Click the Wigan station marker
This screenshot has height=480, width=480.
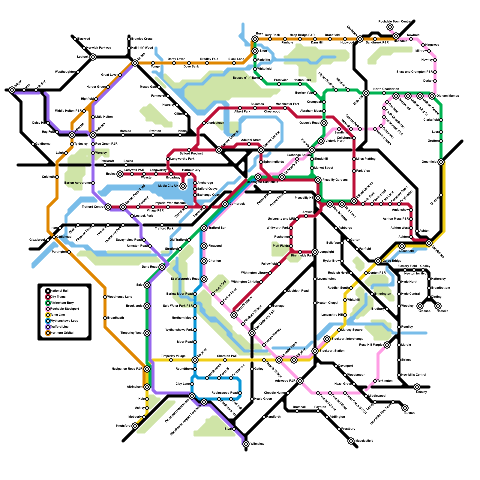click(x=12, y=90)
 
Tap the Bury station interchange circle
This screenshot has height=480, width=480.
click(x=255, y=39)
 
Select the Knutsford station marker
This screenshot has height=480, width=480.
click(x=135, y=426)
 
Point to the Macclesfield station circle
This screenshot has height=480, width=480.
click(x=351, y=441)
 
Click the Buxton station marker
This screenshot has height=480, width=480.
click(x=405, y=408)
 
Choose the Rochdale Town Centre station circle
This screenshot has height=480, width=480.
click(x=390, y=27)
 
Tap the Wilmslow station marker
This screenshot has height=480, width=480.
click(x=246, y=444)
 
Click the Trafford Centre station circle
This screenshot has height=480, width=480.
click(x=108, y=207)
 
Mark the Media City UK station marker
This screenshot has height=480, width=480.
click(x=183, y=186)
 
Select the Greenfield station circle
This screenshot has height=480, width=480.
click(x=441, y=162)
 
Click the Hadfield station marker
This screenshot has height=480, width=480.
click(x=438, y=306)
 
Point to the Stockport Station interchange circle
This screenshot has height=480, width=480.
click(x=315, y=351)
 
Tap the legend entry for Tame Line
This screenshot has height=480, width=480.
click(x=58, y=315)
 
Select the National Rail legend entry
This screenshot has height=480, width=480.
click(x=59, y=291)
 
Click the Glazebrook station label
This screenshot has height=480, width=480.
click(x=38, y=240)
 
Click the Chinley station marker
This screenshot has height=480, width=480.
click(x=417, y=387)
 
